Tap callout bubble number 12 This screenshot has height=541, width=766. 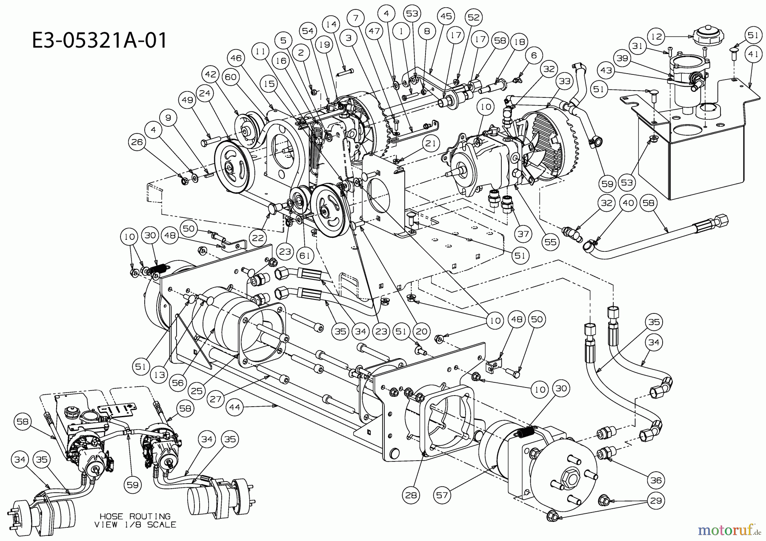click(657, 37)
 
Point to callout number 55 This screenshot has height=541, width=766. click(551, 242)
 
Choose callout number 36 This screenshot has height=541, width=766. click(656, 480)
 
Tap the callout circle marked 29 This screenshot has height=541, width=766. click(656, 501)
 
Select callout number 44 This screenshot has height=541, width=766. click(235, 407)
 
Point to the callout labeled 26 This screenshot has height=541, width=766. click(137, 142)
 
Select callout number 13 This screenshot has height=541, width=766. click(160, 375)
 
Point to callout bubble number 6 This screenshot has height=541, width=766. click(534, 55)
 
